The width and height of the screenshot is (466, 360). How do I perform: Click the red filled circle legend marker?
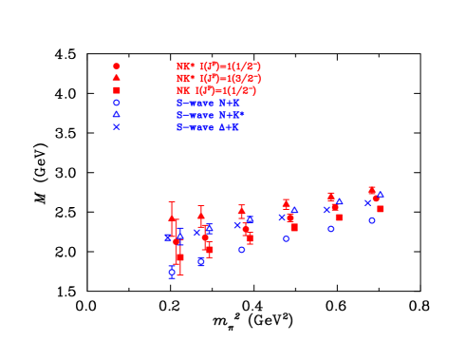pos(117,66)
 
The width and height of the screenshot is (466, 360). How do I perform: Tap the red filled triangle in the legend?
pos(117,78)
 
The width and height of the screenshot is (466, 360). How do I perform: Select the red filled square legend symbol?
pos(117,90)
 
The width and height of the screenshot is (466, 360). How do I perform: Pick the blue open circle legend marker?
pos(117,103)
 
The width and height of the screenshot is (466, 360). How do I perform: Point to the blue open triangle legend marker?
pos(117,114)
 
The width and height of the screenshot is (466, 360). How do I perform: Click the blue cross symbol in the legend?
pos(117,126)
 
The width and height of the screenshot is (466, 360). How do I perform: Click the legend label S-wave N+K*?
pos(210,115)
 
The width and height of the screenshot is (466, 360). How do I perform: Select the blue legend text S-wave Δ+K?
pos(207,127)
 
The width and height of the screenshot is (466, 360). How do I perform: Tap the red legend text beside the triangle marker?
pos(218,79)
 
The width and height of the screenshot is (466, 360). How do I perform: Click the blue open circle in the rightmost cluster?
pos(372,220)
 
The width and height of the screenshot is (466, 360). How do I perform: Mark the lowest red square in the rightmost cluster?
pos(381,209)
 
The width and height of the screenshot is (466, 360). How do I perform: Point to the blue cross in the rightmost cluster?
pos(367,202)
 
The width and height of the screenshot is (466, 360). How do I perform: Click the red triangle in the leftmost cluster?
pos(172,218)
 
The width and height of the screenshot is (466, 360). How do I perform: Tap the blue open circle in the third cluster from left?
pos(242,250)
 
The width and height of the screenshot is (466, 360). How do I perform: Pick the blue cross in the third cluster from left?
pos(237,225)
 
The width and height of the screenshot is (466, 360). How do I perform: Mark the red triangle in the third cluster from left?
pos(241,209)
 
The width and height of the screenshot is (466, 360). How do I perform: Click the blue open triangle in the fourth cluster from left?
pos(294,210)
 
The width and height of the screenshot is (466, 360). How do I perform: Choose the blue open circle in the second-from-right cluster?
pos(331,229)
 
